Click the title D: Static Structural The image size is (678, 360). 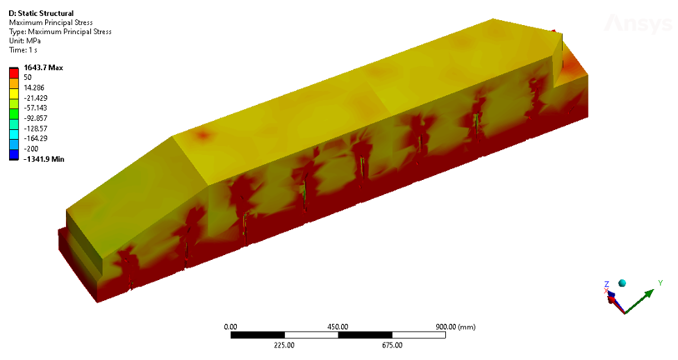pyautogui.click(x=41, y=13)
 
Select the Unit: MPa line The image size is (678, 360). pyautogui.click(x=24, y=41)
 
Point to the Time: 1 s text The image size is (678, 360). pyautogui.click(x=23, y=50)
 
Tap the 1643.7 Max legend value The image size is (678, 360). pyautogui.click(x=43, y=67)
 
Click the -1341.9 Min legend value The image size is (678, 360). pyautogui.click(x=44, y=159)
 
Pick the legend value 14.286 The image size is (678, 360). pyautogui.click(x=34, y=88)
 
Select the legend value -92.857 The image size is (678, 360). pyautogui.click(x=35, y=118)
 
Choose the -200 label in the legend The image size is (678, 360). pyautogui.click(x=31, y=149)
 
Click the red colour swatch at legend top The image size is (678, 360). pyautogui.click(x=14, y=73)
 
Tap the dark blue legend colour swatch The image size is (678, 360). pyautogui.click(x=14, y=154)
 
